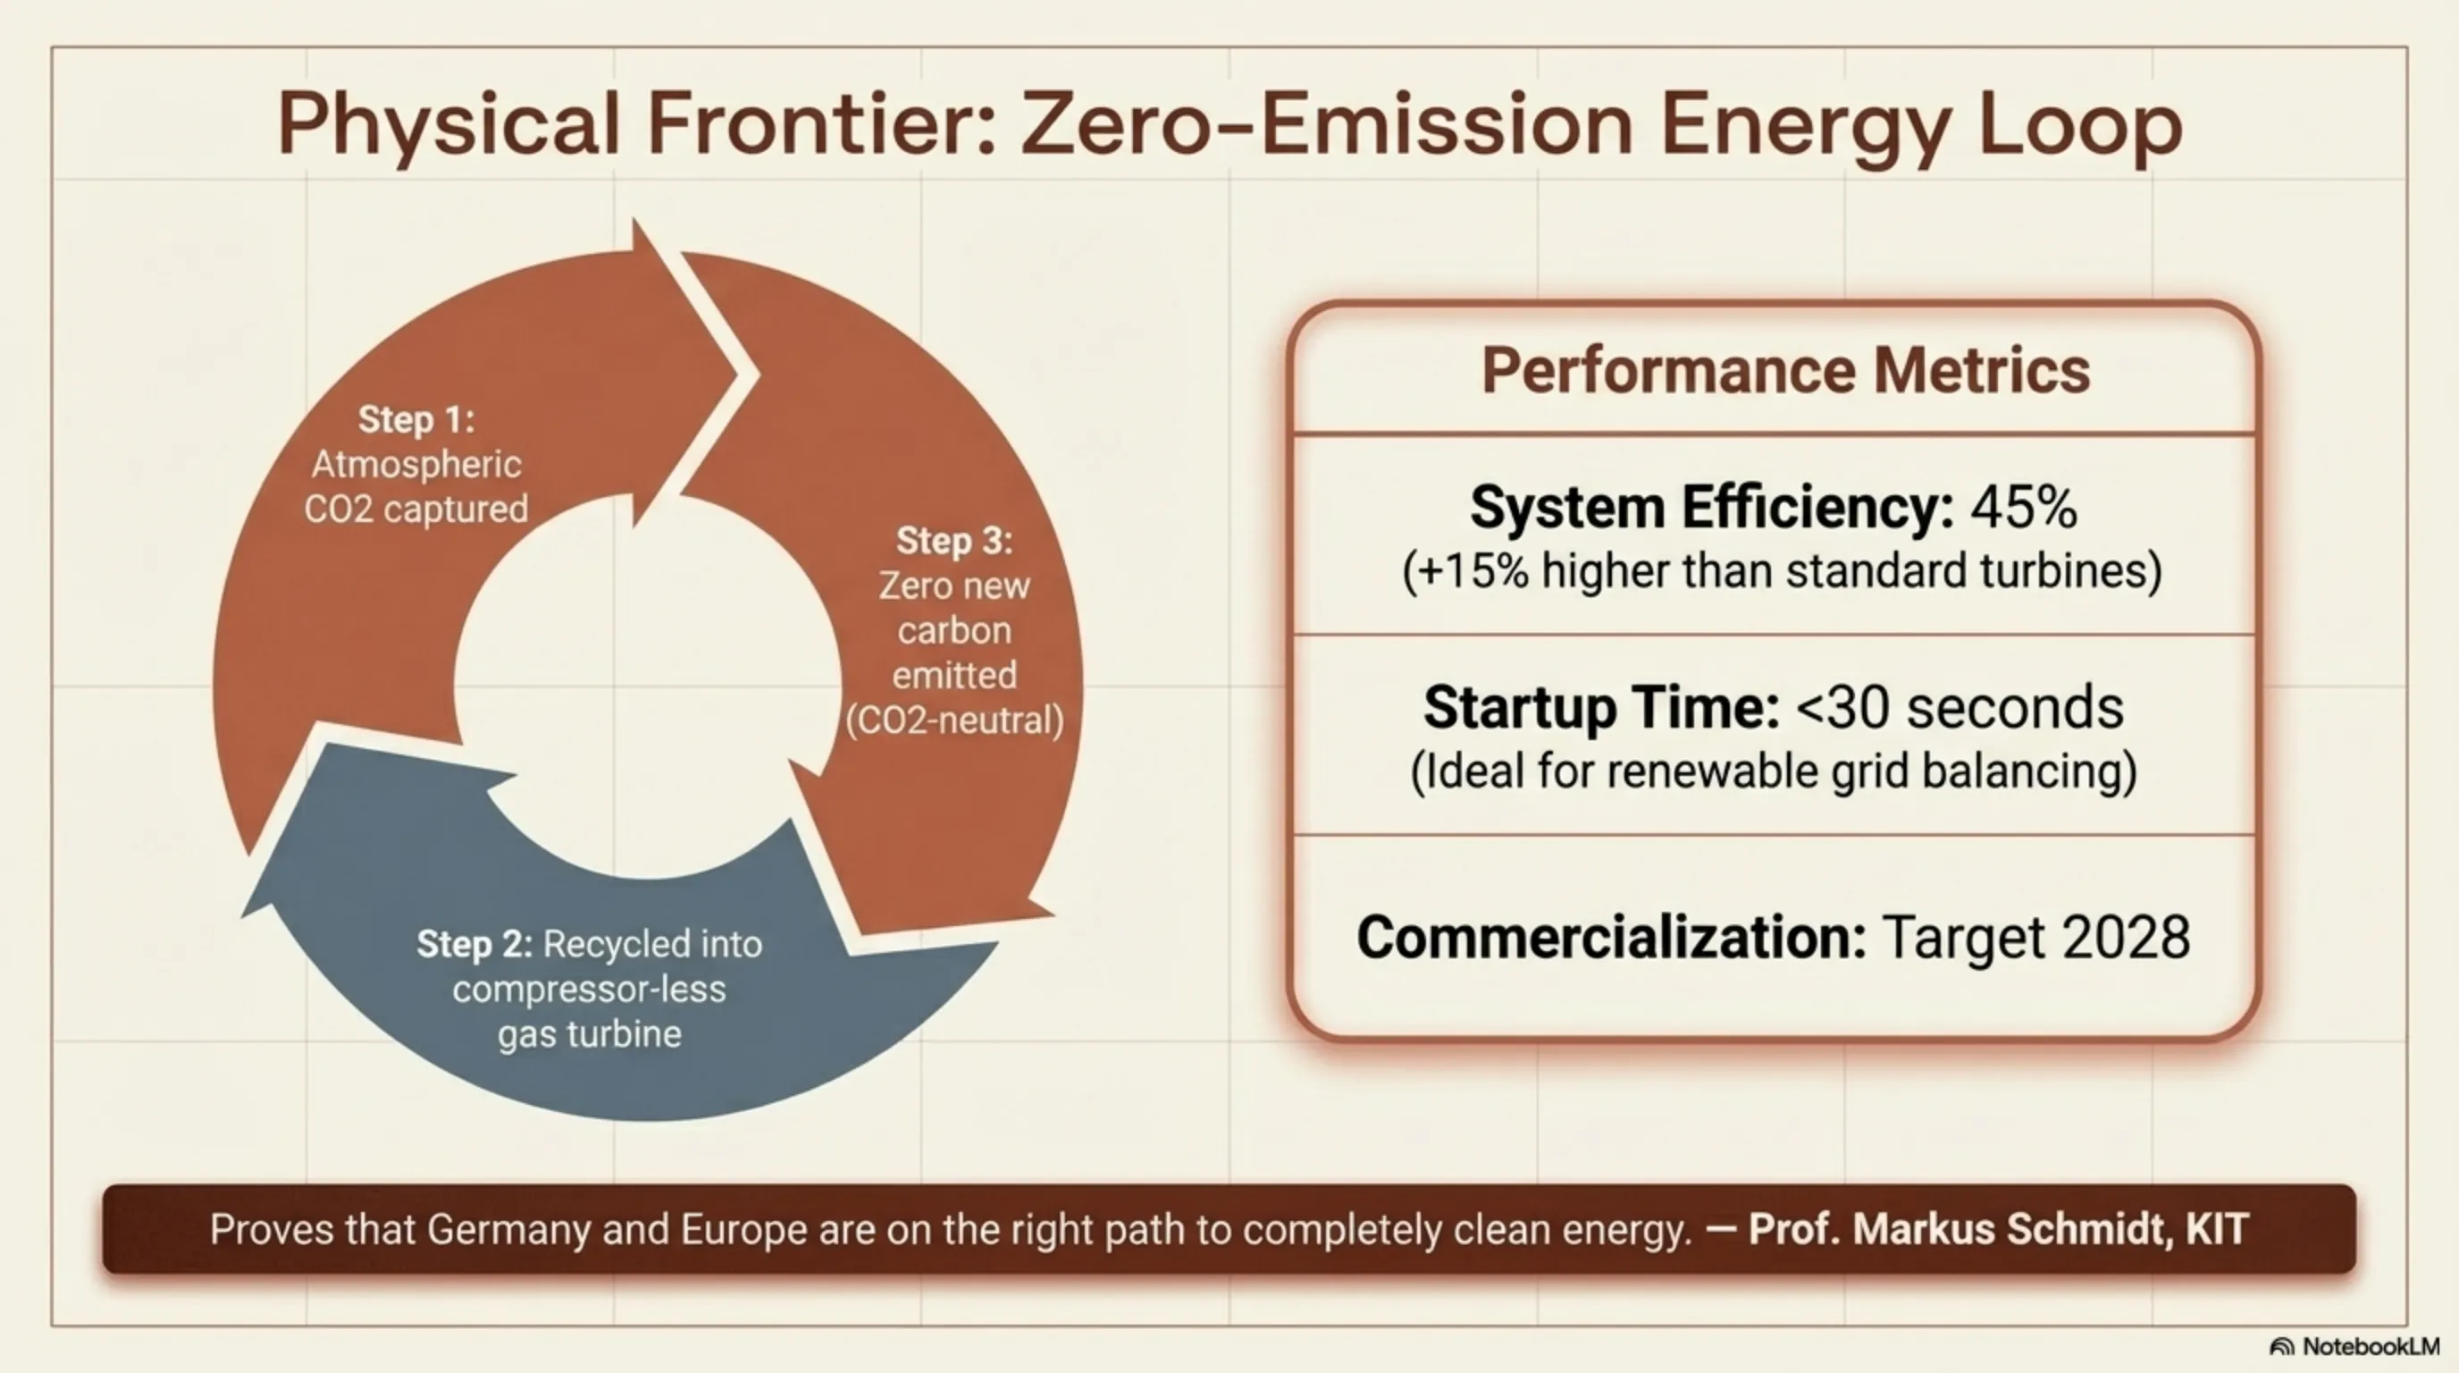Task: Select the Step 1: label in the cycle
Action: [x=416, y=419]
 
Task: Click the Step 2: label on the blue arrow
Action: [x=474, y=944]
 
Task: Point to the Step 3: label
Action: [x=954, y=541]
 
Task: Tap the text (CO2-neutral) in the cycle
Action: [x=954, y=720]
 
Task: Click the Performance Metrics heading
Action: [x=1786, y=369]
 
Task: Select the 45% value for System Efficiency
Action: [x=2024, y=507]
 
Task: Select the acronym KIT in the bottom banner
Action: [x=2217, y=1230]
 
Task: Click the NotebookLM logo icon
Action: [x=2281, y=1347]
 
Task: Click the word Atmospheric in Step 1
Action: [x=416, y=465]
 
